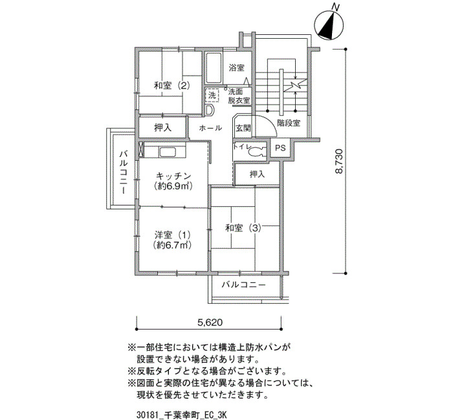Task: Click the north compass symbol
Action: (x=329, y=25)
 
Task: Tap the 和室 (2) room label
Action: (x=172, y=86)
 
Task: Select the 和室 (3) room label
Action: (x=243, y=228)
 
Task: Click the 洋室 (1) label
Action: (x=173, y=235)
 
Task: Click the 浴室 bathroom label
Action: (x=237, y=68)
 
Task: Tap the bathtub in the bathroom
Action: (x=214, y=67)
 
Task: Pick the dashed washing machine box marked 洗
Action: (x=212, y=96)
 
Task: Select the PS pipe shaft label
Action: (x=280, y=148)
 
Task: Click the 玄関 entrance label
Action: (x=243, y=128)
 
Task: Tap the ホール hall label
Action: (x=210, y=128)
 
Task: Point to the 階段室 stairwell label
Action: (x=289, y=123)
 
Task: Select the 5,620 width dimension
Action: (x=210, y=322)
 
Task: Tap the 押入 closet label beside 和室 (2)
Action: (x=162, y=128)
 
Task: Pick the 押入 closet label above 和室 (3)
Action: (x=257, y=174)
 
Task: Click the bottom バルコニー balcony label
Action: (x=243, y=285)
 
